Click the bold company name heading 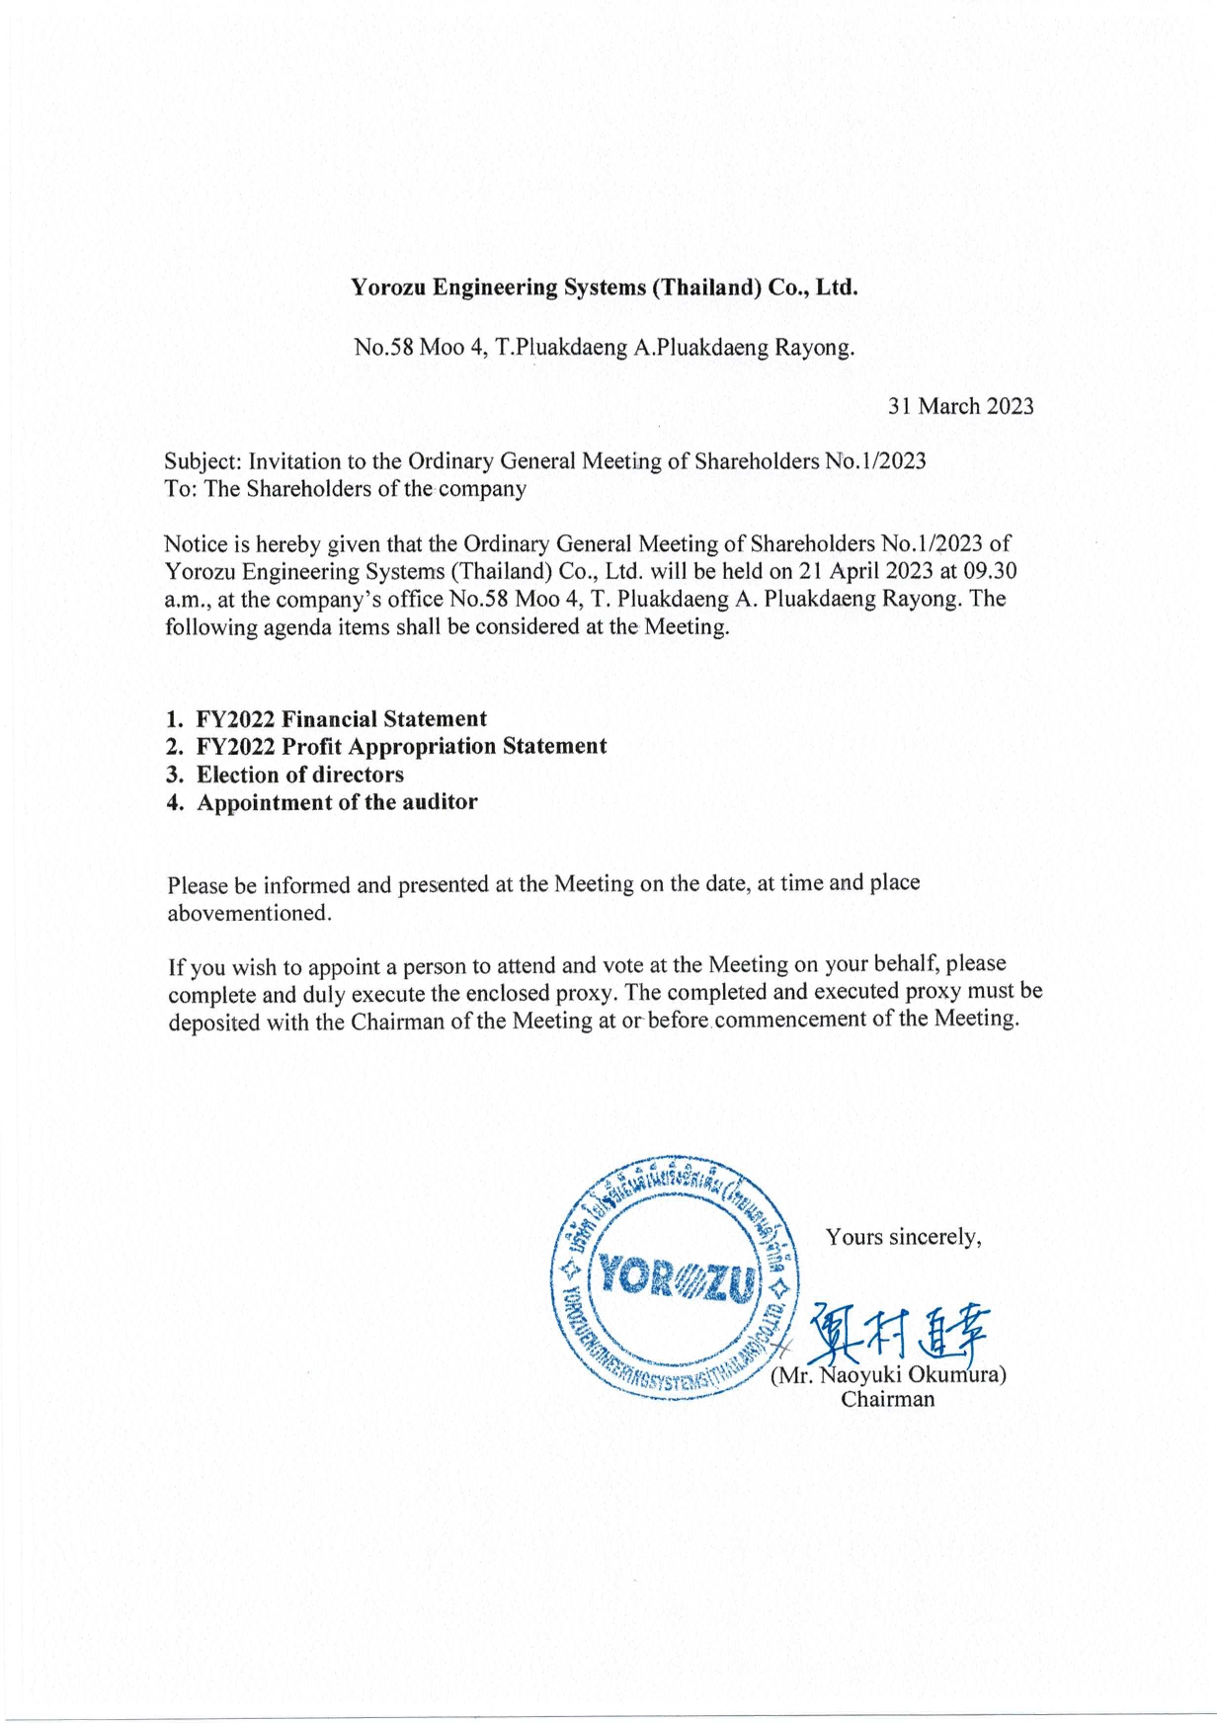(605, 288)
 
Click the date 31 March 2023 (960, 406)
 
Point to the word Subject (201, 461)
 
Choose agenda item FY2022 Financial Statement (341, 719)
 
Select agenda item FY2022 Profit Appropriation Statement (401, 747)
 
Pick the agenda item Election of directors (299, 775)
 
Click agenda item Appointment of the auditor (337, 802)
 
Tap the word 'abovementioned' (247, 913)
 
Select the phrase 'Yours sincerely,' (903, 1237)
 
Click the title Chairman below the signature (887, 1399)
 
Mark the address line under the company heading (604, 348)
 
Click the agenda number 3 (174, 775)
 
